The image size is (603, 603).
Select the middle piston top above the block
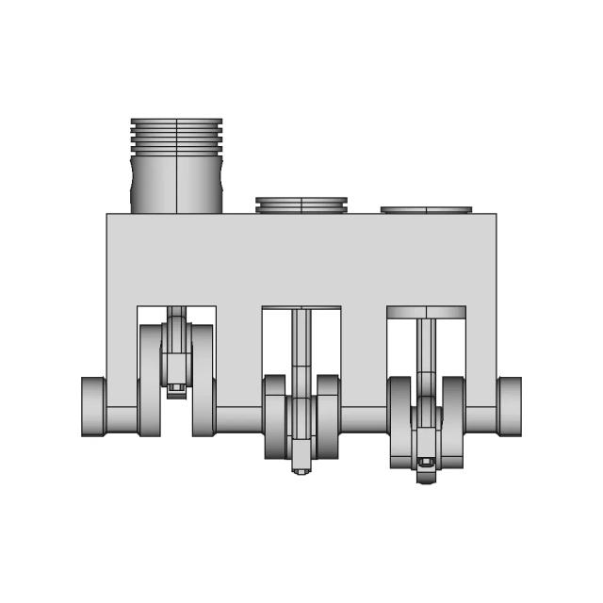(301, 204)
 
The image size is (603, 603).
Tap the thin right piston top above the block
(426, 210)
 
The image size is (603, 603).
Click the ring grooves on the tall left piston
(176, 137)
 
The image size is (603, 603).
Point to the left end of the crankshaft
(92, 406)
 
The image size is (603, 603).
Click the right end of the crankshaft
(510, 406)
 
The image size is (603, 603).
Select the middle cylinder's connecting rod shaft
(301, 353)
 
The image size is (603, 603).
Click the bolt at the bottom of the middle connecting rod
(301, 468)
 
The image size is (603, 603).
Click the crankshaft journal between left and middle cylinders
(239, 418)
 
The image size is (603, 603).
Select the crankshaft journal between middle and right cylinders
(364, 418)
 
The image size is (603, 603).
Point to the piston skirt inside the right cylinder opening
(426, 312)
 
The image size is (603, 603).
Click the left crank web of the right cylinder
(399, 422)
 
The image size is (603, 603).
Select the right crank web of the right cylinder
(453, 422)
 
